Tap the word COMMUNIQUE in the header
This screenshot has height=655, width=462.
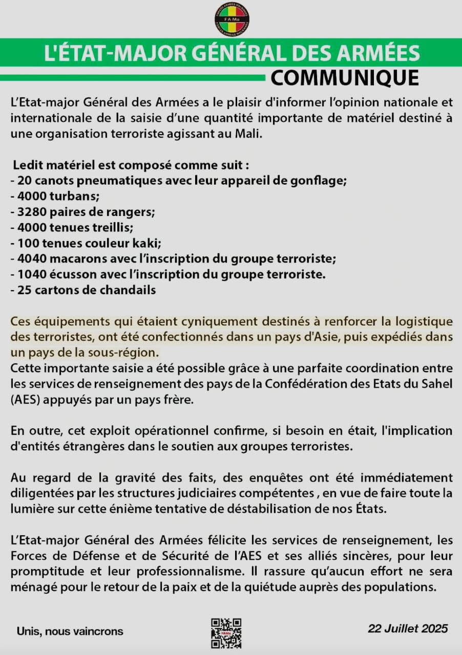click(x=345, y=78)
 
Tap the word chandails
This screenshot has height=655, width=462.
click(x=132, y=290)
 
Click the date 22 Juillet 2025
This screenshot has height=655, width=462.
click(x=408, y=628)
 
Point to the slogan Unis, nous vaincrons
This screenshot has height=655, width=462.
click(x=70, y=631)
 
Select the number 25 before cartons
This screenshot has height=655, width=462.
click(x=24, y=290)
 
